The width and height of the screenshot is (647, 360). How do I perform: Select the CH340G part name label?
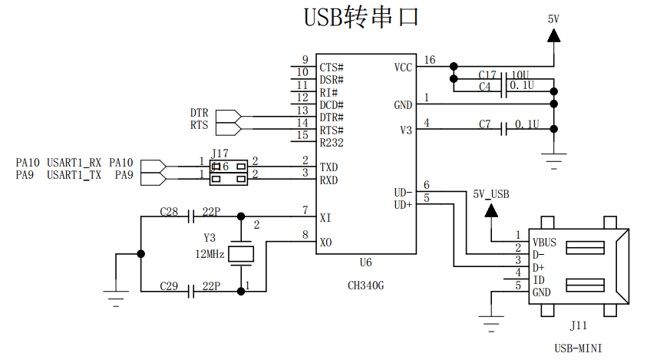(365, 285)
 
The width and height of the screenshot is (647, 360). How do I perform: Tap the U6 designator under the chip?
(365, 263)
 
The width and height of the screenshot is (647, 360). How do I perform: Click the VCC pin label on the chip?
(403, 68)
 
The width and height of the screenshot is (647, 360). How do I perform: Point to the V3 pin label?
(406, 130)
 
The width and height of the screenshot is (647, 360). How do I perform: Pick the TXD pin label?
(329, 167)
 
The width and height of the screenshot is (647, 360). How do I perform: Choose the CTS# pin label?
(332, 68)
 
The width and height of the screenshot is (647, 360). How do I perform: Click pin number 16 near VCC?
(429, 60)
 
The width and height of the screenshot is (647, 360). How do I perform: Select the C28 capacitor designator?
(169, 210)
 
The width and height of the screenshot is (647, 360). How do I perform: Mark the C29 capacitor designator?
(169, 286)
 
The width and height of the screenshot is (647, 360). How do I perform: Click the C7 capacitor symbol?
(504, 130)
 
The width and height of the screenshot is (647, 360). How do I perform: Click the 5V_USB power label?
(491, 194)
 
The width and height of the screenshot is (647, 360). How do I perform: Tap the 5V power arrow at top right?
(553, 35)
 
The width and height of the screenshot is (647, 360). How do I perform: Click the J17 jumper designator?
(220, 153)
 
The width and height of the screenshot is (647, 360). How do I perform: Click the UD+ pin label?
(403, 205)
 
